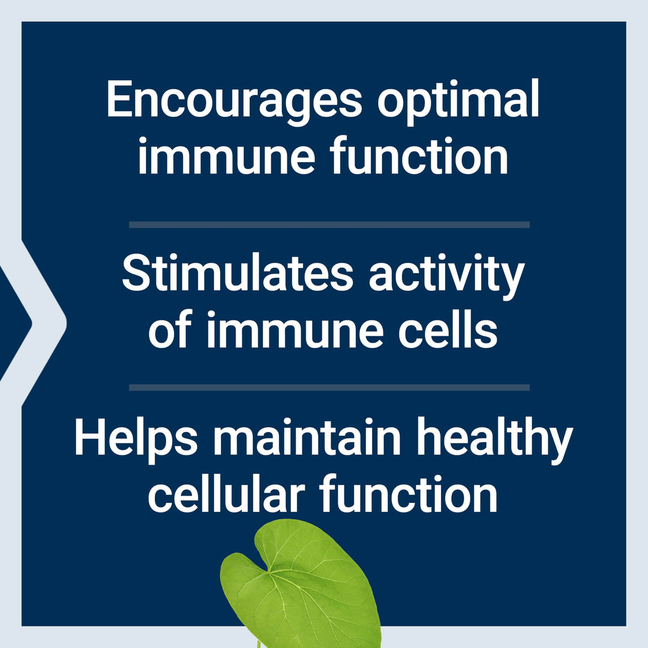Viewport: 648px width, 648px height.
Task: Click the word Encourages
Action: [235, 101]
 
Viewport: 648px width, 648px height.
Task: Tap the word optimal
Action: [458, 101]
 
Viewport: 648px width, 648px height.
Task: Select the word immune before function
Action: [226, 157]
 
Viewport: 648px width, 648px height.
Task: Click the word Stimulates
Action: [238, 273]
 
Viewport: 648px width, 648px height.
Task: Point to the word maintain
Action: [307, 437]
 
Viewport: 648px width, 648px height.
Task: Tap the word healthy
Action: [494, 440]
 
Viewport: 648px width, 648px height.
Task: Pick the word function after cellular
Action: [409, 493]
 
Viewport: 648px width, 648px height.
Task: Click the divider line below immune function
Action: [329, 225]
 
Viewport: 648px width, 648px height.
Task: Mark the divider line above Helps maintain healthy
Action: [329, 388]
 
